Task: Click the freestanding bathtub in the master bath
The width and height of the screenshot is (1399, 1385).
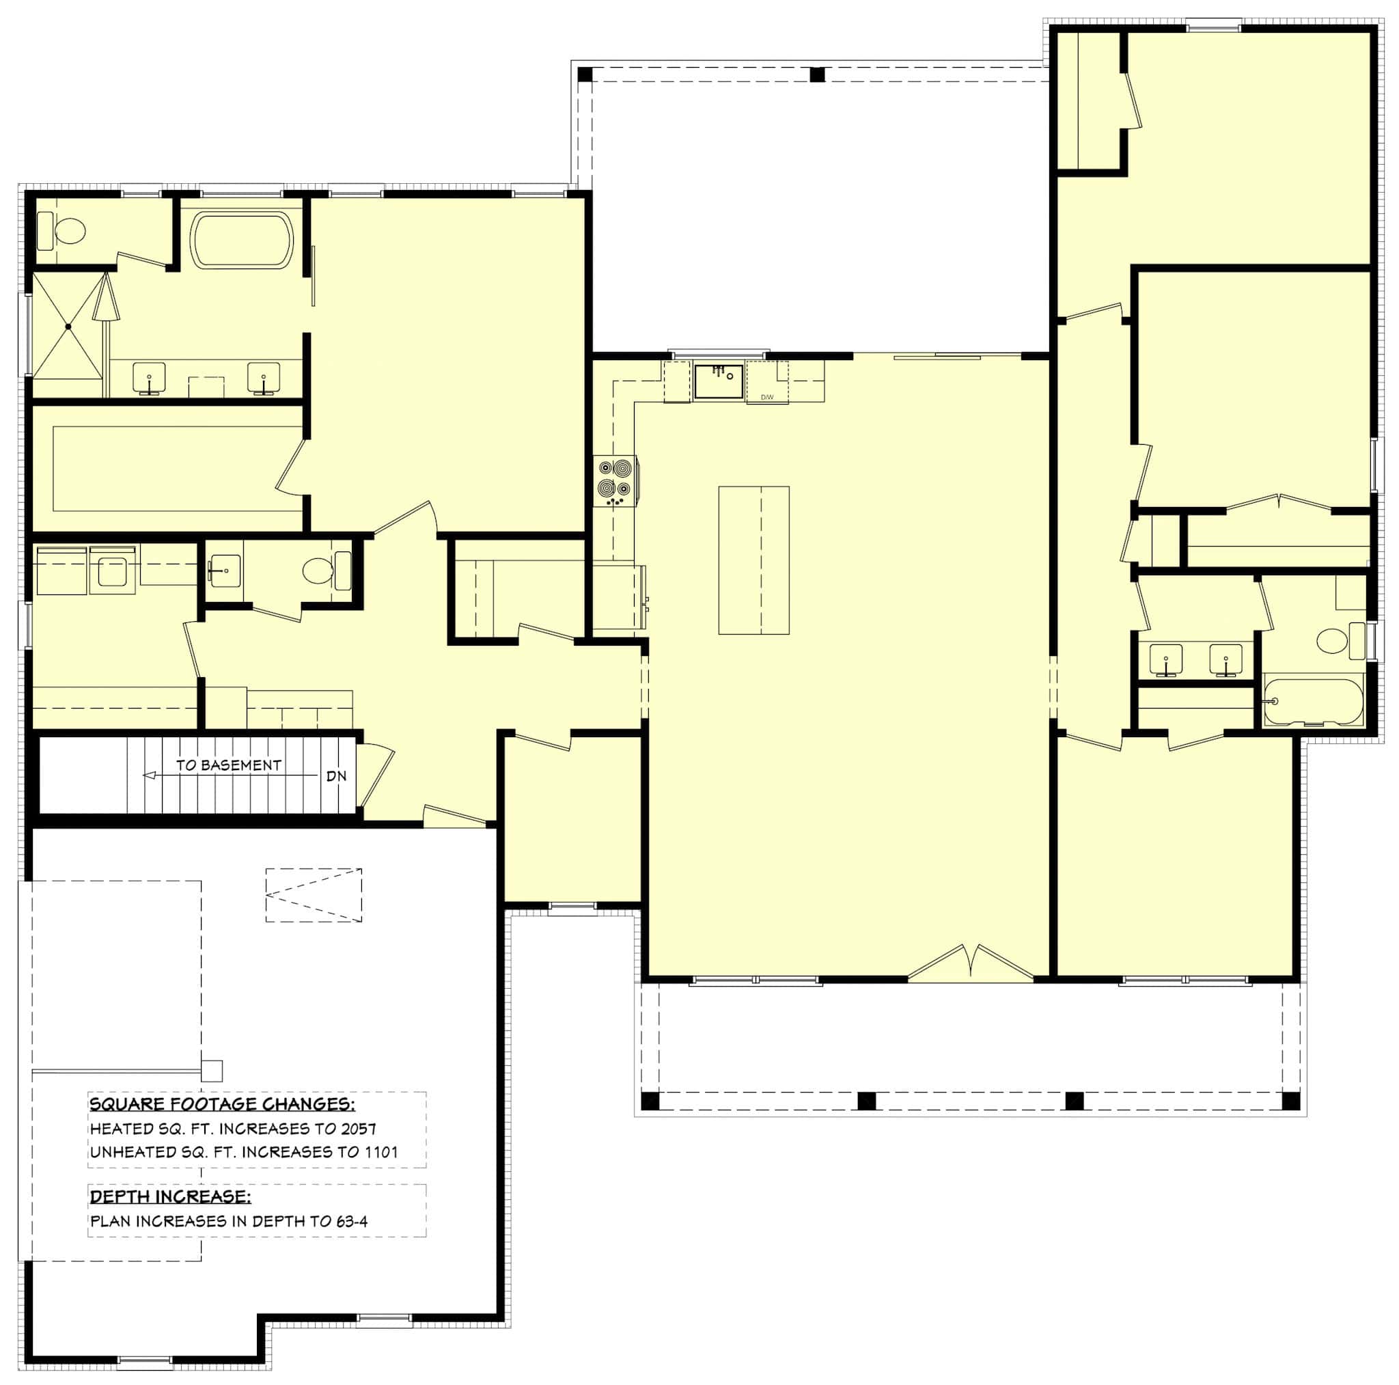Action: pyautogui.click(x=241, y=241)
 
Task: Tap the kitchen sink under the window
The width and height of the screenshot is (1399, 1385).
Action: pyautogui.click(x=719, y=382)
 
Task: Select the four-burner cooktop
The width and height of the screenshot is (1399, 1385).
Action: pyautogui.click(x=614, y=480)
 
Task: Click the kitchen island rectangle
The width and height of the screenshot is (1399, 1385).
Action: pyautogui.click(x=753, y=560)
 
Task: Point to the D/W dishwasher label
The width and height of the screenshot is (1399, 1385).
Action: pyautogui.click(x=767, y=397)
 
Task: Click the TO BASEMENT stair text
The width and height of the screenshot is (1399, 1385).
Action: pyautogui.click(x=228, y=765)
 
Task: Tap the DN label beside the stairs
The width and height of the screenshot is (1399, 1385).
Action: pyautogui.click(x=336, y=776)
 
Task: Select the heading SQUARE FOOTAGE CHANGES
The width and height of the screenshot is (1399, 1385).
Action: pyautogui.click(x=221, y=1104)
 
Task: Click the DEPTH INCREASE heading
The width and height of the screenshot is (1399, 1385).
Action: pyautogui.click(x=170, y=1196)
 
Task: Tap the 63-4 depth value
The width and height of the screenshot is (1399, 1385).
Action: pyautogui.click(x=351, y=1220)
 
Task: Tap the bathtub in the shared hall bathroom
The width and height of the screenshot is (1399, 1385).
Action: pyautogui.click(x=1313, y=701)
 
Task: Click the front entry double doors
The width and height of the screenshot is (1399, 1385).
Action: pyautogui.click(x=970, y=963)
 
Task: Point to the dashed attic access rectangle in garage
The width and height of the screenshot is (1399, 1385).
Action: pyautogui.click(x=313, y=894)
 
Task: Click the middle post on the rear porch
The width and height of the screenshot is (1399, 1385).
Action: pyautogui.click(x=817, y=74)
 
